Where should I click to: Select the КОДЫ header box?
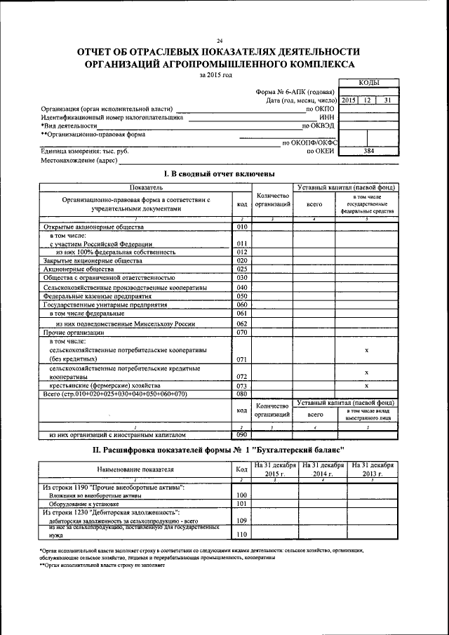(369, 82)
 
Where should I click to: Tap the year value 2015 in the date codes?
(349, 100)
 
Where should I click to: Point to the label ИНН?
(327, 117)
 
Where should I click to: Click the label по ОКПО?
(321, 109)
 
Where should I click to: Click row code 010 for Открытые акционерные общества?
(242, 227)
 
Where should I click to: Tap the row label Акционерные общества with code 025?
(68, 269)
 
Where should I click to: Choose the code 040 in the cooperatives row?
(242, 288)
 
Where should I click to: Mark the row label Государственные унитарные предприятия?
(95, 305)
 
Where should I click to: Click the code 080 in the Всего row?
(242, 394)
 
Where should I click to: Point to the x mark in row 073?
(367, 385)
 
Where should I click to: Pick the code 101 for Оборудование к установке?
(242, 504)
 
